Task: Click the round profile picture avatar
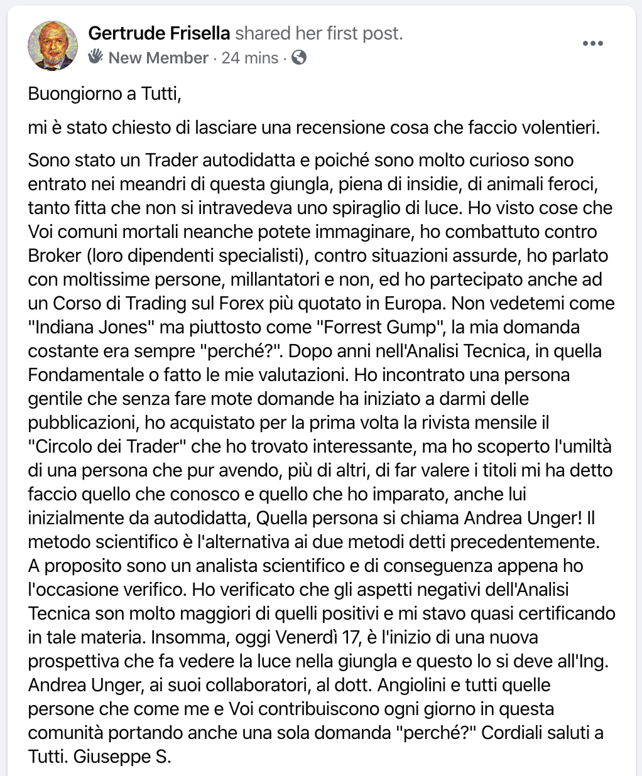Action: tap(53, 45)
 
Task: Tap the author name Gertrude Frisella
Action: tap(160, 33)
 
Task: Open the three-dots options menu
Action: tap(592, 43)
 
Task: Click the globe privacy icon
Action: tap(300, 58)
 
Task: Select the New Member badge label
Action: tap(158, 58)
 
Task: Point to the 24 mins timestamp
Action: tap(250, 58)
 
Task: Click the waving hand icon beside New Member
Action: tap(95, 57)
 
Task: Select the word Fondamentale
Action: tap(85, 375)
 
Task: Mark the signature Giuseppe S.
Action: tap(122, 757)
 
